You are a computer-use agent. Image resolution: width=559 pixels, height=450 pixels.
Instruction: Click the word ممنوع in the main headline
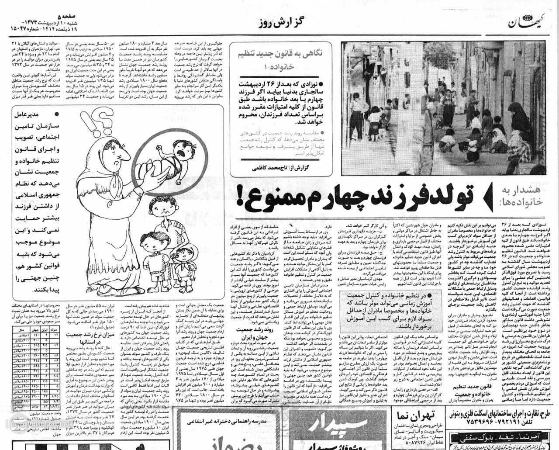point(262,197)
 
